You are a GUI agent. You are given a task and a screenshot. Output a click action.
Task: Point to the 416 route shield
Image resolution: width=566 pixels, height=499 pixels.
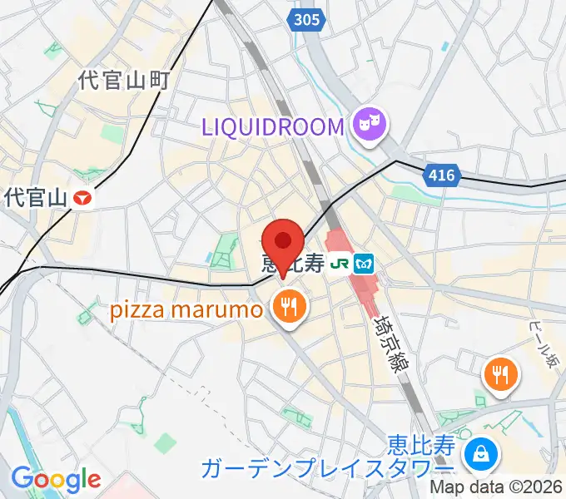pos(441,175)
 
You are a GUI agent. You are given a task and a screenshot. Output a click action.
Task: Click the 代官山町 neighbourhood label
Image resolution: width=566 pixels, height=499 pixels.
pos(124,80)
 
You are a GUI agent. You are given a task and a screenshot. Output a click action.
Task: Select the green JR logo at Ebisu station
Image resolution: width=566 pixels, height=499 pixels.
pos(340,264)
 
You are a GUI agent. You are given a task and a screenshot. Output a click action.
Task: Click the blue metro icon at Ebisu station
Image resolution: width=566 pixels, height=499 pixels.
pos(364,264)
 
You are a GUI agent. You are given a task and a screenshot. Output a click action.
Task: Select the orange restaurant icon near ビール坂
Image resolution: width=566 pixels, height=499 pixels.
pos(501,374)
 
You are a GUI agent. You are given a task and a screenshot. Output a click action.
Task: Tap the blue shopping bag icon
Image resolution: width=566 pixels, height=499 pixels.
pos(480,454)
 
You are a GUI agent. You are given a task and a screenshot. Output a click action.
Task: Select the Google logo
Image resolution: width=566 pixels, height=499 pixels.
pos(56,479)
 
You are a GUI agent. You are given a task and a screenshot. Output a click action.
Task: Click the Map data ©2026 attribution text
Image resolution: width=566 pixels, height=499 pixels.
pos(496,488)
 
